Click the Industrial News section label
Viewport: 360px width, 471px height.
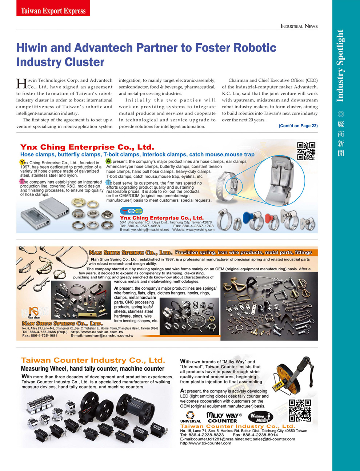click(299, 26)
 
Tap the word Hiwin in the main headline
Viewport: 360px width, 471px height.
click(32, 48)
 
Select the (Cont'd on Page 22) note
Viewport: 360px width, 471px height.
click(298, 126)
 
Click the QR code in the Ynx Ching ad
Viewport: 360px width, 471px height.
click(306, 151)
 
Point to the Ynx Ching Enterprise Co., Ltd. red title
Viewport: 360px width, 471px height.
click(87, 147)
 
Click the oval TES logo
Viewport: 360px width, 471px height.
click(131, 211)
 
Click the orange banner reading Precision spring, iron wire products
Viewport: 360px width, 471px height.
click(244, 252)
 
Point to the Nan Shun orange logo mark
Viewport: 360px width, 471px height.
click(34, 311)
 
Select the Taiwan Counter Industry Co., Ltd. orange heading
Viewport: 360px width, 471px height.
click(93, 360)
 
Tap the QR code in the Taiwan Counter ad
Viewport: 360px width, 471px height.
click(300, 410)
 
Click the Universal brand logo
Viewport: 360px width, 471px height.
click(190, 417)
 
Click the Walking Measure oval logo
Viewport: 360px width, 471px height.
click(260, 417)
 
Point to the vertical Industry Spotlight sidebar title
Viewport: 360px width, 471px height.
click(340, 65)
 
